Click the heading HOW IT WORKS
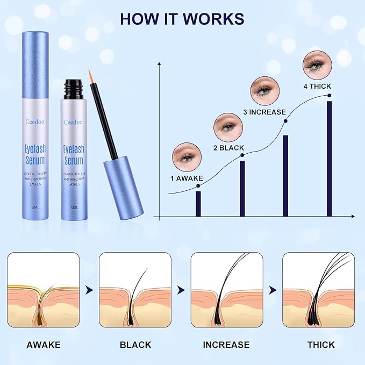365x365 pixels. click(x=182, y=19)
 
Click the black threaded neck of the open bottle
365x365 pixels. click(x=73, y=89)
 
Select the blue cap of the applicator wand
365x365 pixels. click(x=123, y=188)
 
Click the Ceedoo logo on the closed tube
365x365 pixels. click(x=35, y=121)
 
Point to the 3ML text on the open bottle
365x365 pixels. click(x=74, y=207)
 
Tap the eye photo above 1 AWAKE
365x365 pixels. click(x=187, y=157)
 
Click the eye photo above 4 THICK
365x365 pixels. click(x=317, y=65)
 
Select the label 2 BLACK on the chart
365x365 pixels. click(x=228, y=148)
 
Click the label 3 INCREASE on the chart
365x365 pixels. click(x=264, y=112)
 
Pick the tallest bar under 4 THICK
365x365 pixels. click(x=329, y=159)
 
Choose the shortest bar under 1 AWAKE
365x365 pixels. click(x=198, y=204)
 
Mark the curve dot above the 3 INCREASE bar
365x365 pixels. click(x=285, y=121)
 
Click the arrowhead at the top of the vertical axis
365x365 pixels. click(x=159, y=64)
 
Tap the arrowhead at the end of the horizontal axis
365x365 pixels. click(x=353, y=217)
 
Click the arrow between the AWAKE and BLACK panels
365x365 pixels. click(x=89, y=290)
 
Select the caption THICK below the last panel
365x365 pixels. click(x=321, y=345)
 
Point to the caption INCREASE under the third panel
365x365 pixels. click(x=226, y=345)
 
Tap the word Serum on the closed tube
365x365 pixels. click(x=35, y=160)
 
